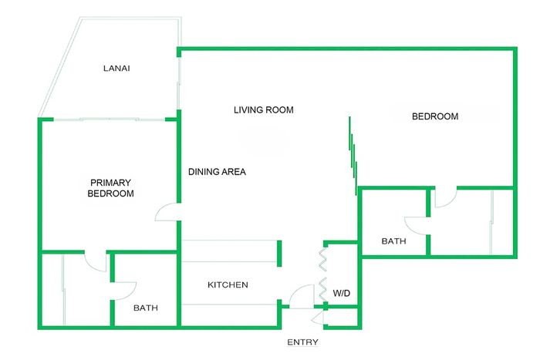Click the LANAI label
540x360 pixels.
[116, 68]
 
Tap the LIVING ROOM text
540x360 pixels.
[264, 109]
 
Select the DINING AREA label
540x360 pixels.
[217, 172]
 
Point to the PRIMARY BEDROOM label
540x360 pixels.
[110, 188]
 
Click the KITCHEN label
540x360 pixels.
[228, 284]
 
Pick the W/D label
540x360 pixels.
[341, 293]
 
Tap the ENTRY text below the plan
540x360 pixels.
[302, 342]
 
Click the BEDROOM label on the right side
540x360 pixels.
[435, 116]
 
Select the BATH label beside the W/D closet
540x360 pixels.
[393, 241]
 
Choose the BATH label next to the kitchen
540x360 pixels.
[146, 308]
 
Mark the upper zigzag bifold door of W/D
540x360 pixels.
[322, 260]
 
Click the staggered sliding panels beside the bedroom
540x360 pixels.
[353, 156]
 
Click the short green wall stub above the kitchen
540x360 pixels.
[279, 254]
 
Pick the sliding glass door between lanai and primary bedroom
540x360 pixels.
[110, 119]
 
